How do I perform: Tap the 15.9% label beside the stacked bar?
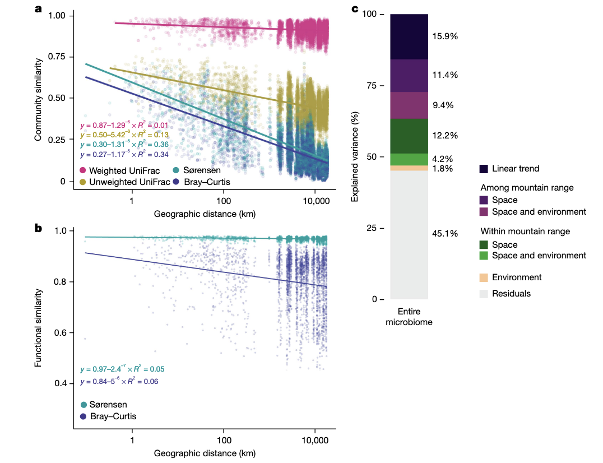[446, 36]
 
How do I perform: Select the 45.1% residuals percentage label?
[446, 233]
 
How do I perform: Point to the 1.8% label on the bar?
[443, 168]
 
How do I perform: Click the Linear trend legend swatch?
[484, 169]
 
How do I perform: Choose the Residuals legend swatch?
[484, 293]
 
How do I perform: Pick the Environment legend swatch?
[484, 277]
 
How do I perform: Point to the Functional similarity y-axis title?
[38, 327]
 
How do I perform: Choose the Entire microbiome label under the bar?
[409, 317]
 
